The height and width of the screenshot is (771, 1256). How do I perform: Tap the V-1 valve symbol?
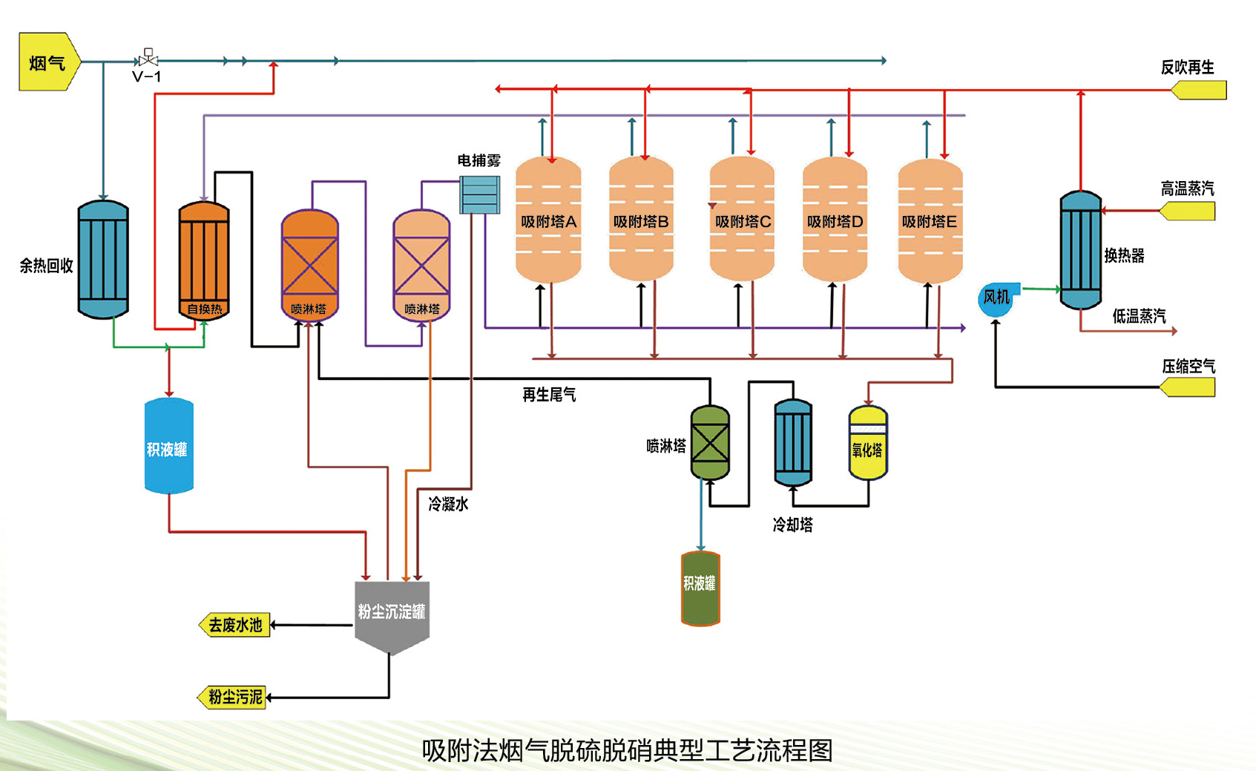pos(148,58)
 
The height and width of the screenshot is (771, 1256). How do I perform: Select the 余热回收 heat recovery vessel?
pos(103,259)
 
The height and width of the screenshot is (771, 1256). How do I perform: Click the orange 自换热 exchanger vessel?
pos(204,259)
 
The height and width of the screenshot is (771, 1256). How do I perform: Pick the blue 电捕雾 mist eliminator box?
pos(479,194)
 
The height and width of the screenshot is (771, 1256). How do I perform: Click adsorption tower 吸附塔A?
pos(548,220)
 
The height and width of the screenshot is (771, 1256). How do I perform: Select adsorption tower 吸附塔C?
pos(742,220)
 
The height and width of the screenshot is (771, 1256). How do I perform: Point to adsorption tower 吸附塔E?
pos(930,220)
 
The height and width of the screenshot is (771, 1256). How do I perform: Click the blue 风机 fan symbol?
pos(996,298)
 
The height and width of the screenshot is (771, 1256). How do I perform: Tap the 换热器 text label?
pos(1124,256)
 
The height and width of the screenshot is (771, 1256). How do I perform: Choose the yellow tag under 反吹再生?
pos(1199,91)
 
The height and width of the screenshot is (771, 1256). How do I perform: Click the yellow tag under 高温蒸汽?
pos(1188,211)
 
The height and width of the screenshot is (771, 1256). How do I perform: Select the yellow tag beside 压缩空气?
pos(1188,387)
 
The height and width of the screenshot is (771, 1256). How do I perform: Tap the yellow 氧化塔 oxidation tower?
pos(867,443)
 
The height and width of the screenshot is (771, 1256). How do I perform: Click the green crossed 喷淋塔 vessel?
pos(710,443)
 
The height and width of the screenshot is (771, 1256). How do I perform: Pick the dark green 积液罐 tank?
pos(700,588)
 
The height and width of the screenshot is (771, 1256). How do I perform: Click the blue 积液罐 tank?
pos(168,446)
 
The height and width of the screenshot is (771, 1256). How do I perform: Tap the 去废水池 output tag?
pos(235,625)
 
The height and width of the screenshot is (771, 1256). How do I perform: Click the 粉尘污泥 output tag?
pos(232,698)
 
